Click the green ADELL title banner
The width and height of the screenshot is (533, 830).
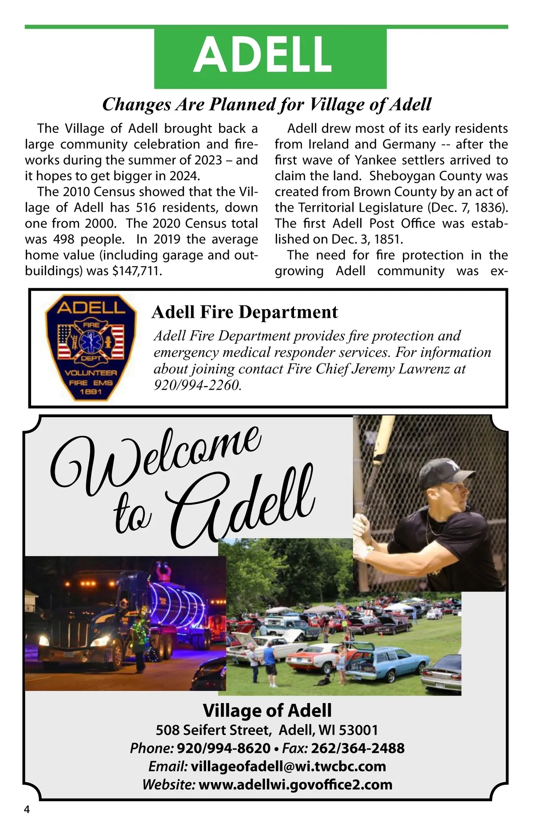point(270,56)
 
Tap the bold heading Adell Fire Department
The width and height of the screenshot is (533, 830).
point(245,312)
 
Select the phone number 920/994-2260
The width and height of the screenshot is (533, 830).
point(197,385)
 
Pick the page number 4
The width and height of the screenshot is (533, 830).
point(27,809)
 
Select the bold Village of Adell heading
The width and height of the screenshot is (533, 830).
point(267,710)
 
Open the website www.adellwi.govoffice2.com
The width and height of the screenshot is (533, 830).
point(295,784)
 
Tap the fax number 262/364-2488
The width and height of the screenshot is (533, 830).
point(358,748)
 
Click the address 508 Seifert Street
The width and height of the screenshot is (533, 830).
point(213,730)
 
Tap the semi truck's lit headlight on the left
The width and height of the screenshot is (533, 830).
point(44,640)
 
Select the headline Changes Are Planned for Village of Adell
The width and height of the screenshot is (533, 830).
point(266,104)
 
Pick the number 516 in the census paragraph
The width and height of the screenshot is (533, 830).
point(146,208)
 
